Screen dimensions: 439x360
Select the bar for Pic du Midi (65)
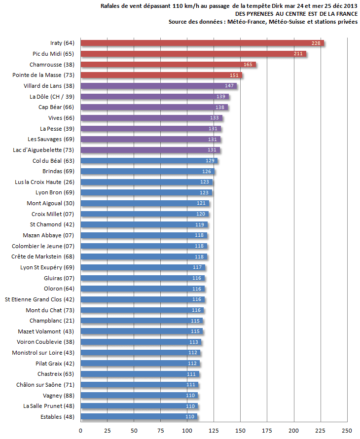pos(192,54)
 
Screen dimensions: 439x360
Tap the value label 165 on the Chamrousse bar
pos(248,65)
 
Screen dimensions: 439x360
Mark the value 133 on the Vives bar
pos(215,118)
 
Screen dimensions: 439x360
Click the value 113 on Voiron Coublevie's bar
pos(194,342)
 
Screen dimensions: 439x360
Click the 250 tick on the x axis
pos(348,430)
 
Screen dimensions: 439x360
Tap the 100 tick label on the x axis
pos(187,430)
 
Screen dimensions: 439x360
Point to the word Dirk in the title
pos(275,6)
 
